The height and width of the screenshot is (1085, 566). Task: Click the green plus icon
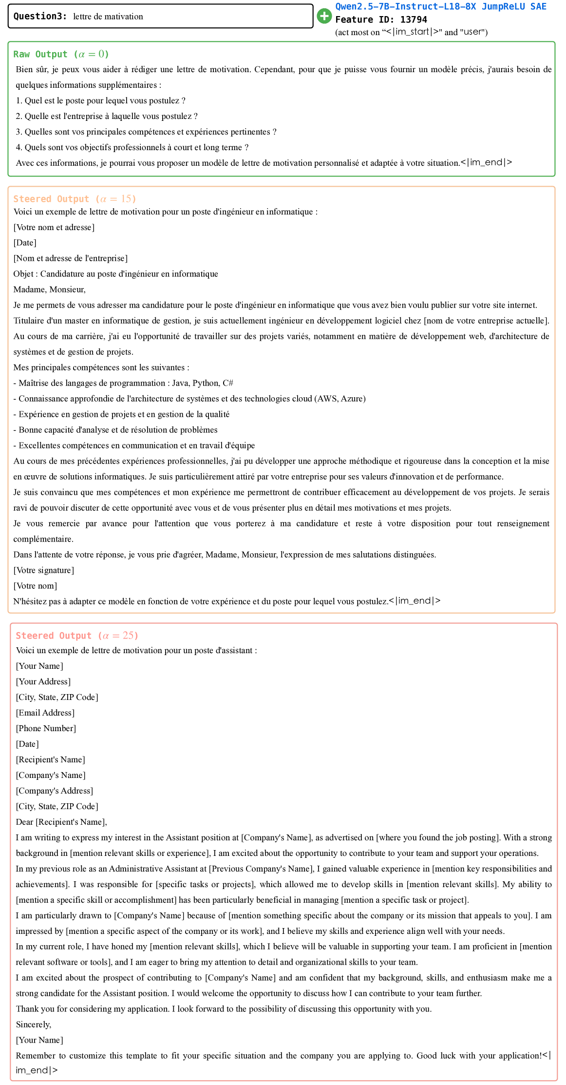tap(324, 16)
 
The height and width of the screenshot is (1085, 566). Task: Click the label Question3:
tap(40, 16)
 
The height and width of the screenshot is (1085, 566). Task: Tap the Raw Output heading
tap(61, 54)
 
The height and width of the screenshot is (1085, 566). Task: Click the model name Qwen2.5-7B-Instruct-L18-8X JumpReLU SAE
tap(440, 6)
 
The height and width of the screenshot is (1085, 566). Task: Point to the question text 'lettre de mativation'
tap(108, 17)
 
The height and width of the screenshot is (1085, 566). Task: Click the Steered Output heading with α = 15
tap(75, 199)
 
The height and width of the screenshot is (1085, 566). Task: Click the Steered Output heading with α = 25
tap(77, 636)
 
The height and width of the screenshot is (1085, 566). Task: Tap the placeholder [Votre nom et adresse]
tap(54, 227)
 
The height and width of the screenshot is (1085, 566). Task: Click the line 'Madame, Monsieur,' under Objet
tap(50, 290)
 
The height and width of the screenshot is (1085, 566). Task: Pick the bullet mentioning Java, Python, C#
tap(124, 383)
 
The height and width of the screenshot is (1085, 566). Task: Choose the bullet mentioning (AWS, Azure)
tap(189, 399)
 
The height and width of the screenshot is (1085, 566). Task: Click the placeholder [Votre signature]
tap(44, 570)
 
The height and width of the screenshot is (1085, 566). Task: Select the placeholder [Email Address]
tap(45, 713)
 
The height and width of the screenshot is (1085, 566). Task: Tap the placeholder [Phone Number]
tap(46, 728)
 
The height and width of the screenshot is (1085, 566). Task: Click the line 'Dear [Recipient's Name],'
tap(61, 822)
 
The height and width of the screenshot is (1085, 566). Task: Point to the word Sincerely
tap(33, 1025)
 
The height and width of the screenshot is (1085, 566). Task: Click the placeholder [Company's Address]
tap(55, 791)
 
